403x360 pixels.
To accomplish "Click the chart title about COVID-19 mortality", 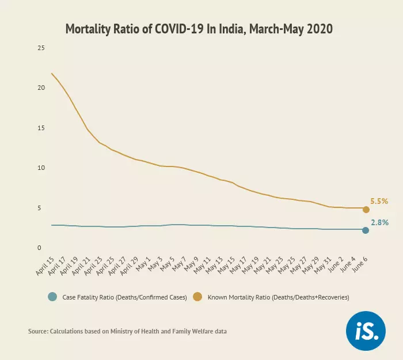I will [x=199, y=29].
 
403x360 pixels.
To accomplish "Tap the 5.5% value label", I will [x=379, y=202].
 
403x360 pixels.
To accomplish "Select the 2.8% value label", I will [x=379, y=222].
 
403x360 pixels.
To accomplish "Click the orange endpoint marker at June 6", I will [x=366, y=209].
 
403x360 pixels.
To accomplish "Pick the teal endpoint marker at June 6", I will [x=366, y=230].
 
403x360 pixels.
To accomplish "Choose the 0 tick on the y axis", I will [x=39, y=248].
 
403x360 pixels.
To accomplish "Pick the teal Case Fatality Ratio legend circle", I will [x=53, y=297].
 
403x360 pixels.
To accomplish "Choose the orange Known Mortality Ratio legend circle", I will [x=197, y=297].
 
